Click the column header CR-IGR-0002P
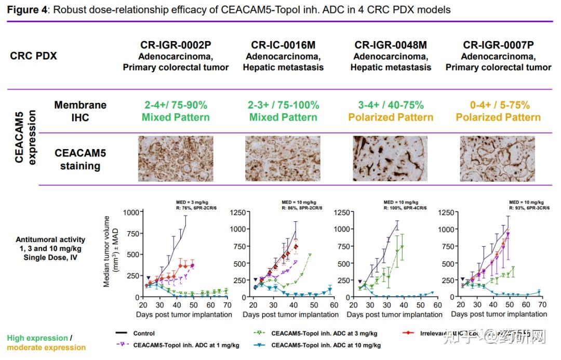pyautogui.click(x=176, y=45)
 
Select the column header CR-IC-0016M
pyautogui.click(x=283, y=45)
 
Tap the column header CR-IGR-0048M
pyautogui.click(x=391, y=45)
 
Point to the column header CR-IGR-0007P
pyautogui.click(x=498, y=45)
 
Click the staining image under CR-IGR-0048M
pyautogui.click(x=391, y=158)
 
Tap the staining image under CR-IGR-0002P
pyautogui.click(x=176, y=158)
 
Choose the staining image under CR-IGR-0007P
pyautogui.click(x=498, y=158)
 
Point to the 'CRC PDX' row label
pyautogui.click(x=33, y=56)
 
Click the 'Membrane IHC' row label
pyautogui.click(x=80, y=111)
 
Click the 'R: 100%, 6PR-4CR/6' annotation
pyautogui.click(x=405, y=208)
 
